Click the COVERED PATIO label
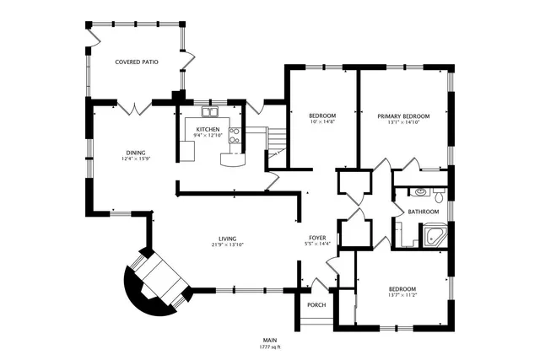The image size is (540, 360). pyautogui.click(x=136, y=62)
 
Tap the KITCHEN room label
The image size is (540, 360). pyautogui.click(x=208, y=129)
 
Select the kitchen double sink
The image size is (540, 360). pyautogui.click(x=209, y=112)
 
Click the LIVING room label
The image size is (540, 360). pyautogui.click(x=227, y=239)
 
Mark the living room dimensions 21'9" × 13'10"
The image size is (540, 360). pyautogui.click(x=227, y=245)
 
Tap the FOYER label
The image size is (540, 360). pyautogui.click(x=317, y=239)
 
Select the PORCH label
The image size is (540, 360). pyautogui.click(x=316, y=304)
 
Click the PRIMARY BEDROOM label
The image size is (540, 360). pyautogui.click(x=403, y=116)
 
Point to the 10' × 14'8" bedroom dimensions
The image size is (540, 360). pyautogui.click(x=321, y=122)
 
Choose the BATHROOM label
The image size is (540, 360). pyautogui.click(x=424, y=211)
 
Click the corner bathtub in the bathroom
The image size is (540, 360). pyautogui.click(x=436, y=235)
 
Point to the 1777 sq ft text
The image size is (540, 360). pyautogui.click(x=269, y=347)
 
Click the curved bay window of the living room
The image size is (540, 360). pyautogui.click(x=152, y=283)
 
